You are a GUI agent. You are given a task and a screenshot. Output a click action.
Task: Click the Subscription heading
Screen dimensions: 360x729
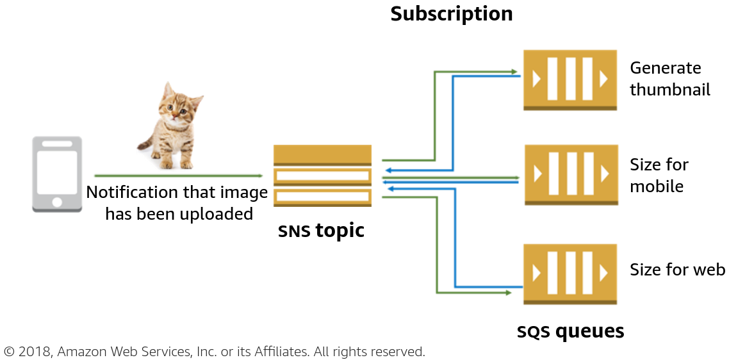tap(452, 14)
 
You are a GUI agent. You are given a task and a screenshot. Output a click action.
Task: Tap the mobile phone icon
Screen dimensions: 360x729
tap(57, 174)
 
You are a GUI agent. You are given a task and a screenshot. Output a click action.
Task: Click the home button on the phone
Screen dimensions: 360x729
tap(57, 202)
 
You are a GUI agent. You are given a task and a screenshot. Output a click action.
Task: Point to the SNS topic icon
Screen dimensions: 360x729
tap(322, 176)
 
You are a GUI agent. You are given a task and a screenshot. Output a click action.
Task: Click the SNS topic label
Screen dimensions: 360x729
tap(321, 231)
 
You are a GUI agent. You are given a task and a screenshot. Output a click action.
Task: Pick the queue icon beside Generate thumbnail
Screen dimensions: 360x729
tap(570, 79)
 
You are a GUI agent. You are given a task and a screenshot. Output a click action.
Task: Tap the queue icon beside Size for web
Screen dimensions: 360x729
tap(570, 274)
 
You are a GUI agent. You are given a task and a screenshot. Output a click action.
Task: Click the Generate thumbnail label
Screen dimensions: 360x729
tap(669, 79)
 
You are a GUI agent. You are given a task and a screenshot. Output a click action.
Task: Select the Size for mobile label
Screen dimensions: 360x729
tap(659, 176)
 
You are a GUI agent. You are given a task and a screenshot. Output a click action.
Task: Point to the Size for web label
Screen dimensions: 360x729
tap(677, 270)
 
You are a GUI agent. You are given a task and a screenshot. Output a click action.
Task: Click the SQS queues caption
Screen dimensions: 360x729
tap(570, 331)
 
